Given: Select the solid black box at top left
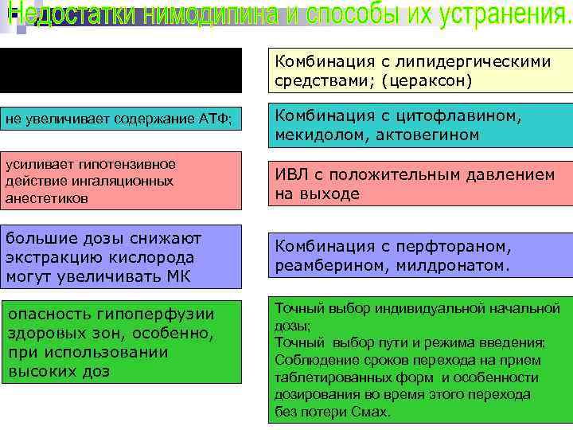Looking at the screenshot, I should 121,70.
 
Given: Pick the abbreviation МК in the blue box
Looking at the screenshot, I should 185,276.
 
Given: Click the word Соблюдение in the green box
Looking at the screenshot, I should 309,359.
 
